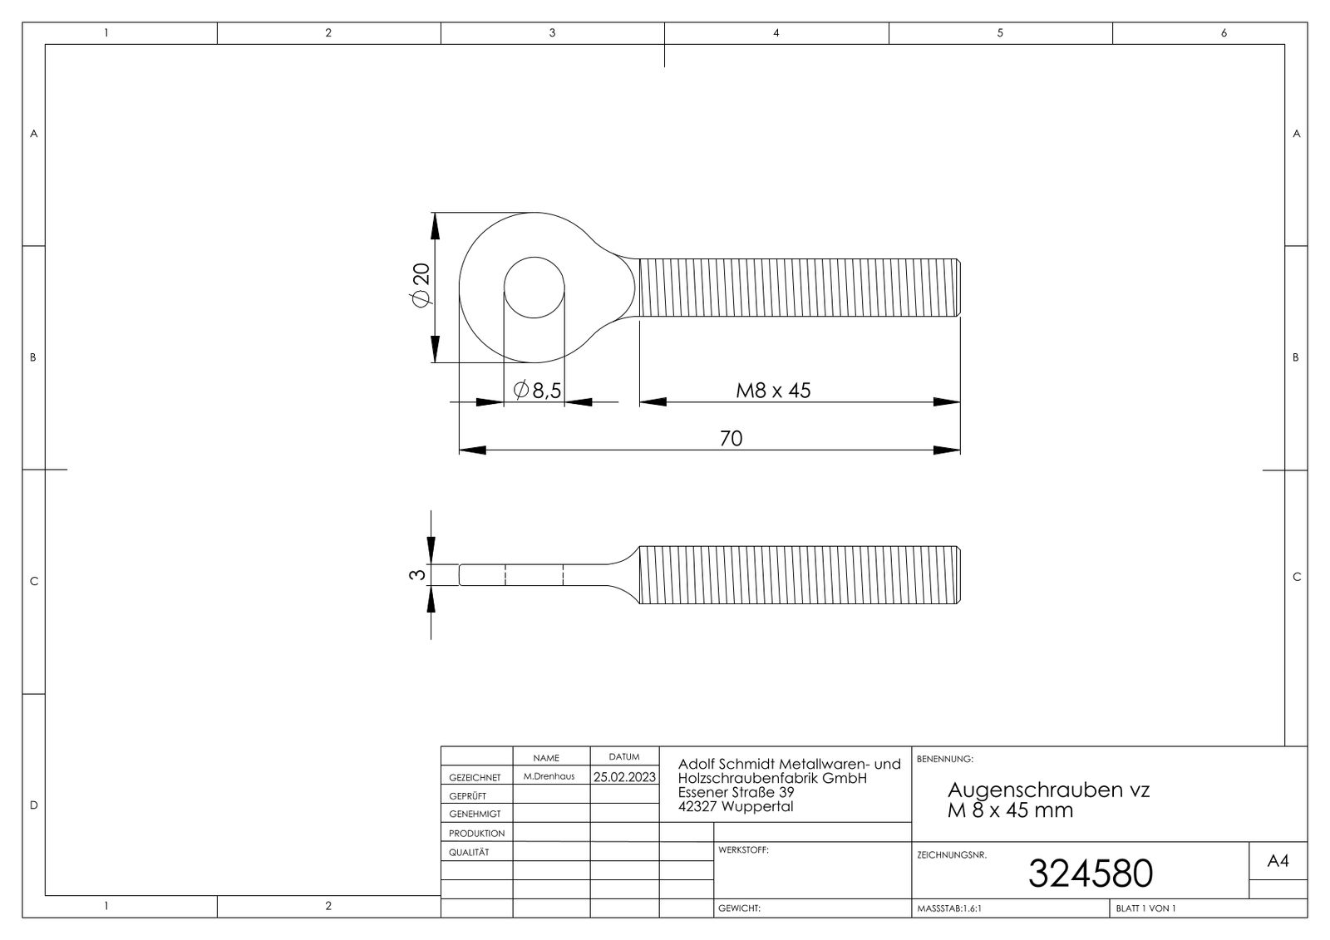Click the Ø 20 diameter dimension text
tap(421, 287)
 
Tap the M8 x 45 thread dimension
tap(773, 390)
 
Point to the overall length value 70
tap(731, 438)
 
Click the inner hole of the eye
tap(534, 288)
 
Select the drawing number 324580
tap(1090, 873)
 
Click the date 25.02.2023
tap(624, 777)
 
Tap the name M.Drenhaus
tap(549, 776)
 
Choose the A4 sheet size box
tap(1278, 862)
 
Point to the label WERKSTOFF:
tap(743, 850)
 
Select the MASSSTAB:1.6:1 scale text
tap(948, 908)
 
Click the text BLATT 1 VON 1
tap(1146, 908)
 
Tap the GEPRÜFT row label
tap(467, 796)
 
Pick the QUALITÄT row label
tap(469, 852)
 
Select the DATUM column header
tap(623, 757)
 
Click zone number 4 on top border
tap(776, 33)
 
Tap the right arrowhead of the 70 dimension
tap(948, 450)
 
